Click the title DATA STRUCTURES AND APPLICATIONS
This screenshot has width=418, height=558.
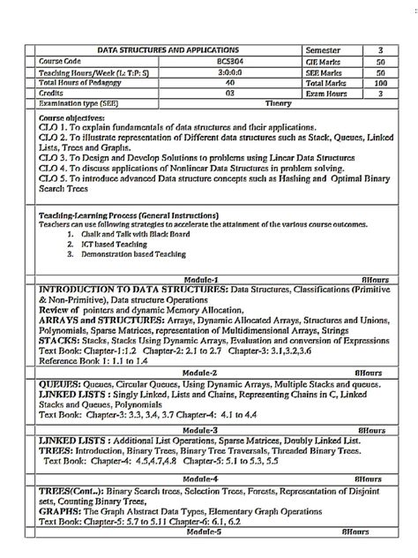click(x=167, y=51)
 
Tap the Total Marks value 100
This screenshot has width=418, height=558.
click(x=380, y=82)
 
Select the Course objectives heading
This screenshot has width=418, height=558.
click(x=72, y=118)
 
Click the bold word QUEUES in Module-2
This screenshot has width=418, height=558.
click(x=61, y=385)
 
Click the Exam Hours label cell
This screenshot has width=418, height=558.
click(x=328, y=92)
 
